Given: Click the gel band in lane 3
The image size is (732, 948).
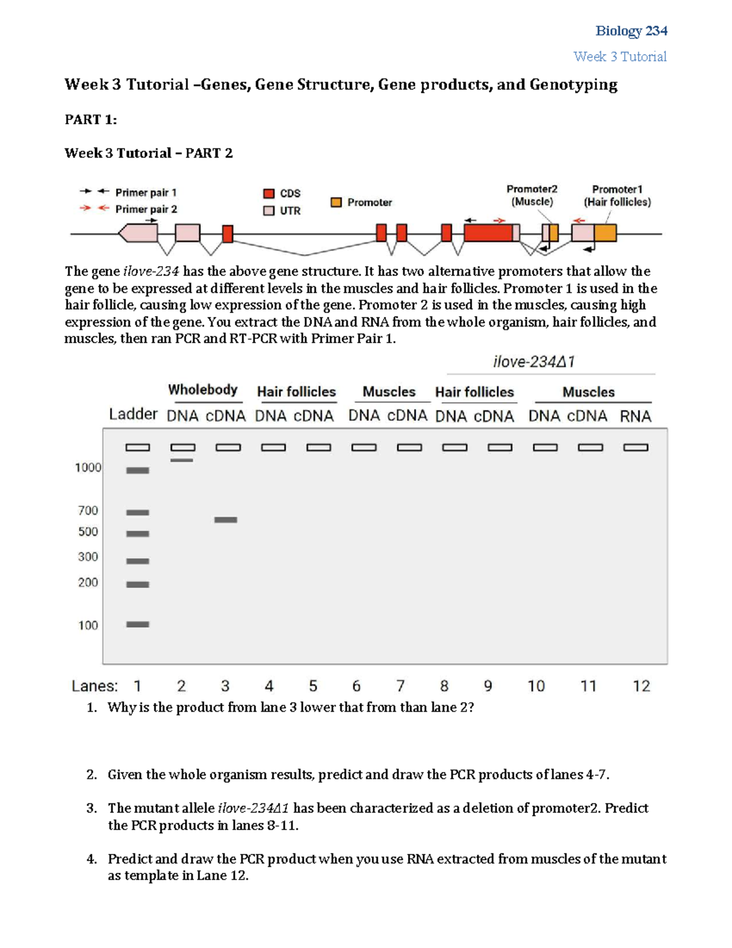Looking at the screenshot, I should click(x=226, y=520).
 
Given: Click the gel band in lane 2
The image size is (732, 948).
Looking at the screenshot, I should click(x=182, y=460).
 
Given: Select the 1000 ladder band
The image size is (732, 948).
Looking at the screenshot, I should click(x=138, y=470).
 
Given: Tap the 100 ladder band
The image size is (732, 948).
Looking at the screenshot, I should click(x=138, y=624).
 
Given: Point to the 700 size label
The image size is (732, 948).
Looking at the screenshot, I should click(x=88, y=510).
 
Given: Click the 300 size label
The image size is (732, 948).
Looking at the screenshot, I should click(x=88, y=557).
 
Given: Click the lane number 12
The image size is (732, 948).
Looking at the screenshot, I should click(x=641, y=686).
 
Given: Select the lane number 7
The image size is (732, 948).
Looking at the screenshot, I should click(x=400, y=686).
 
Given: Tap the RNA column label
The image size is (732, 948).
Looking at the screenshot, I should click(x=636, y=416).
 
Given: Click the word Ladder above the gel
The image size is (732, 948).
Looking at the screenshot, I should click(x=133, y=414).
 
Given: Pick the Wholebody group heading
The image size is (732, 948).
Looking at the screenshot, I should click(x=203, y=390).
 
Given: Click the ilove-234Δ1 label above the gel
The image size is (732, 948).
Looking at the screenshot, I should click(x=534, y=362).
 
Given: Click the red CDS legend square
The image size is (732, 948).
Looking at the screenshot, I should click(x=268, y=194).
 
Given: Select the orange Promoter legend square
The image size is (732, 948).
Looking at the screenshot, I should click(x=336, y=202).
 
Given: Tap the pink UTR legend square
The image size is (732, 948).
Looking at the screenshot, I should click(x=268, y=211).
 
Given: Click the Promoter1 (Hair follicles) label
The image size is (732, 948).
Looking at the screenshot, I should click(x=617, y=196).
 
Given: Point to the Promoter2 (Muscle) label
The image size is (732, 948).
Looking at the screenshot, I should click(x=532, y=195).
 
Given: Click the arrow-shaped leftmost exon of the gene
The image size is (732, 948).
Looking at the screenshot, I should click(x=138, y=233).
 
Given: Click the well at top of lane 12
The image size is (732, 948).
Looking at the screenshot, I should click(x=636, y=447).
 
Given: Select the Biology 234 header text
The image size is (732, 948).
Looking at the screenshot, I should click(x=631, y=31).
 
